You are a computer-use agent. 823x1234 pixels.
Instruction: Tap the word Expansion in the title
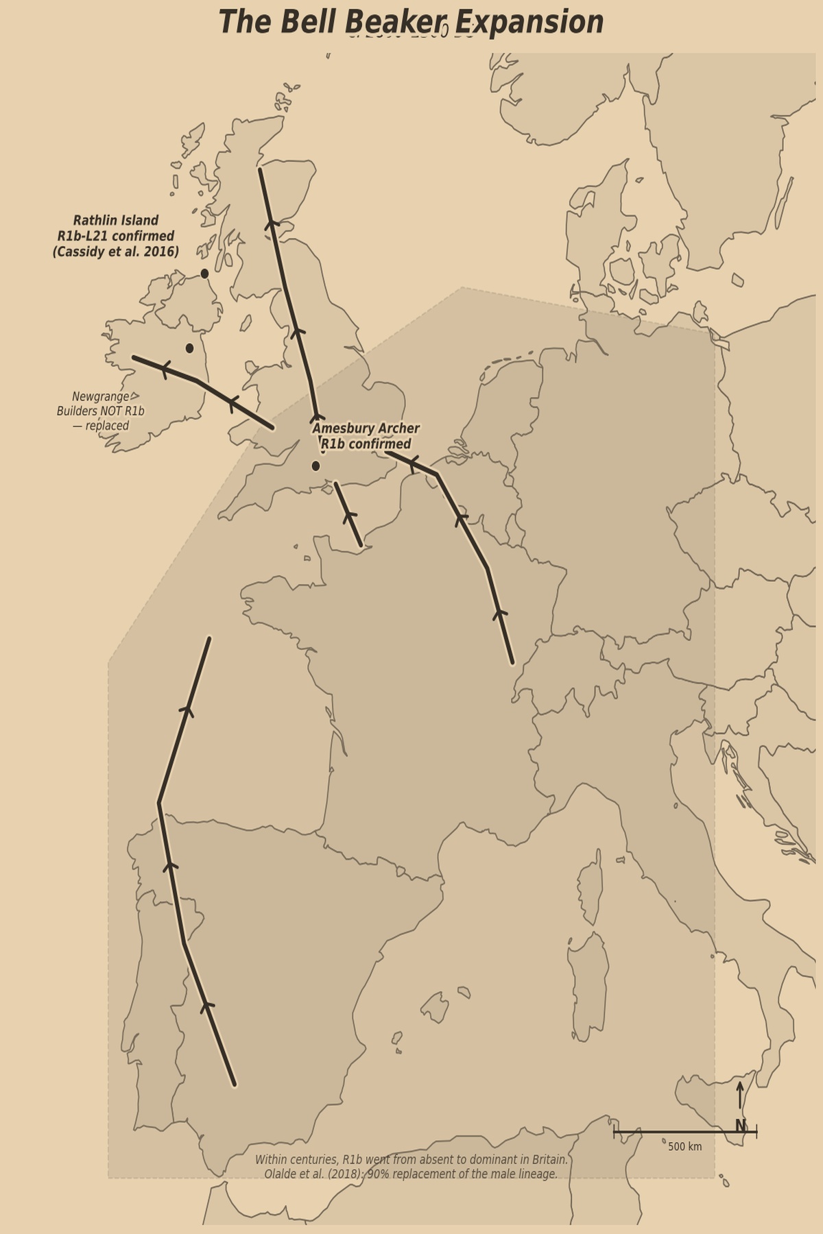point(529,22)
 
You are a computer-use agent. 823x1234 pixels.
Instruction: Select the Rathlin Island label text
point(115,221)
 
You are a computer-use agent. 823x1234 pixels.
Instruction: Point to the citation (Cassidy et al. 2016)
point(115,252)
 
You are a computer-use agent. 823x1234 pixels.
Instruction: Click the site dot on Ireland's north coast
point(204,274)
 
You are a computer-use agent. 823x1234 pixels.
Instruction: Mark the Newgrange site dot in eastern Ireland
point(189,348)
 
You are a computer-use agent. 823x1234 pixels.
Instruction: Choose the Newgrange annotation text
point(101,411)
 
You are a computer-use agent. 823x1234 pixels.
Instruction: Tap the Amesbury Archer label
point(366,429)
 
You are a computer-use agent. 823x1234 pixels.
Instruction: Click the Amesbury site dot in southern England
point(315,466)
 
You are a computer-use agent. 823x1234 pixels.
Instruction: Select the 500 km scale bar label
point(684,1146)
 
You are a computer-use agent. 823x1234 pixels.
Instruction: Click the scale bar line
point(684,1132)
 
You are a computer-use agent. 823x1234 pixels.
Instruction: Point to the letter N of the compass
point(740,1126)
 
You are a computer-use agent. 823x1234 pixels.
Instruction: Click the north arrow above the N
point(740,1095)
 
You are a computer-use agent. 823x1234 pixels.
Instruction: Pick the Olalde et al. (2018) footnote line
point(411,1174)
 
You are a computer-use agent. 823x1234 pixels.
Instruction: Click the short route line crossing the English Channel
point(348,514)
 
